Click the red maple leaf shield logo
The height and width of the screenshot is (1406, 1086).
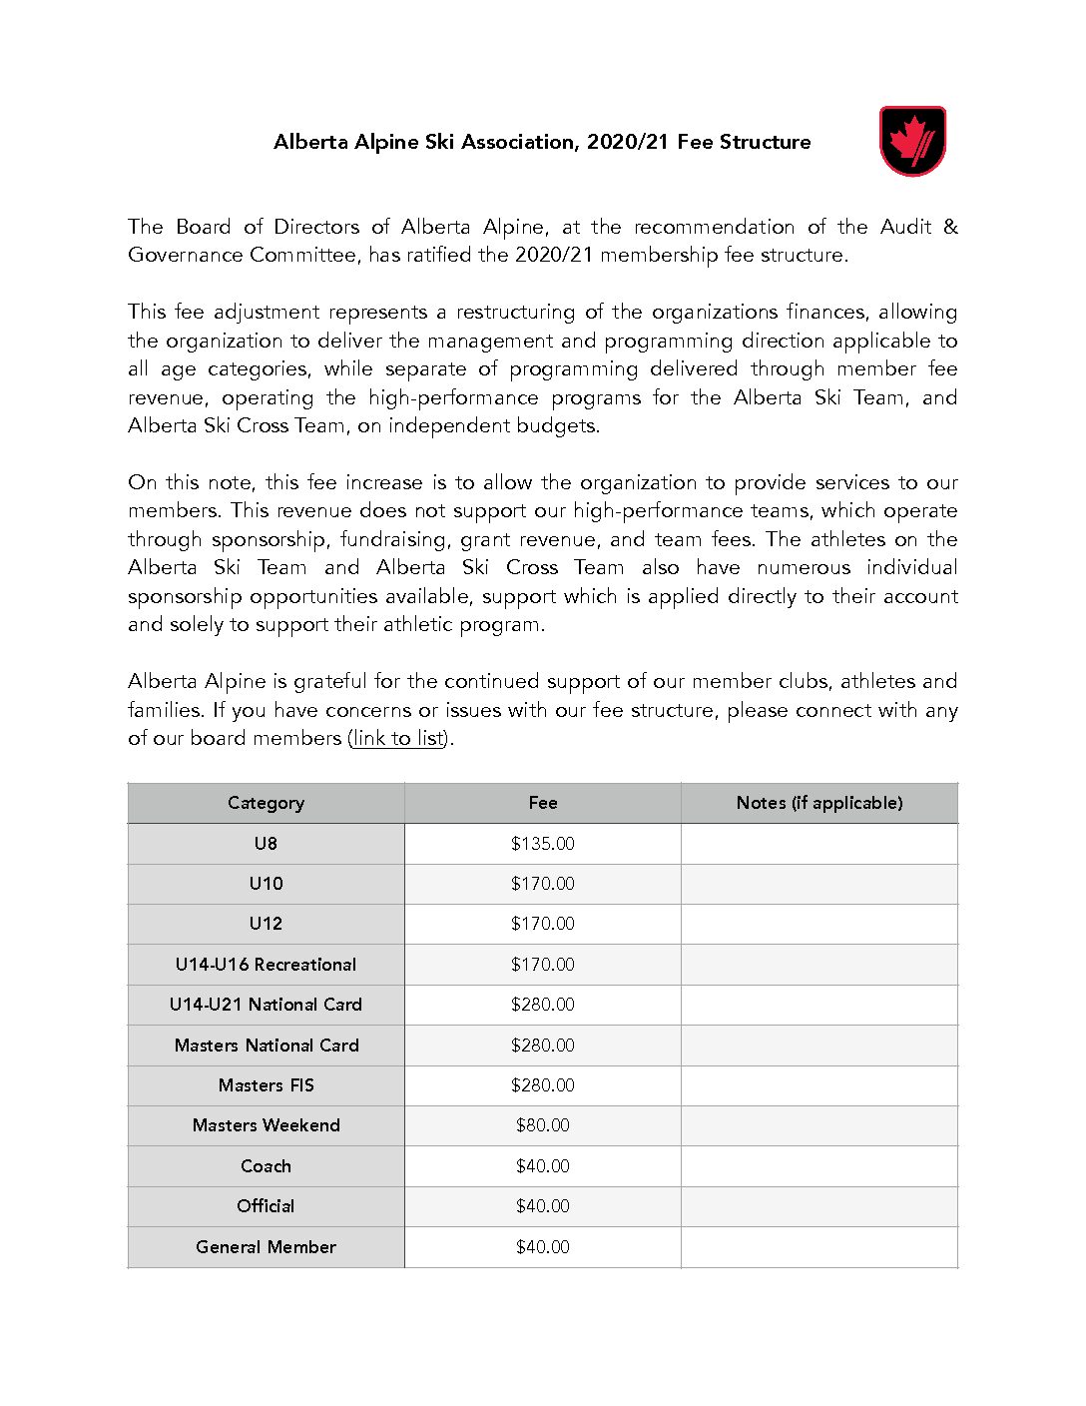pos(912,141)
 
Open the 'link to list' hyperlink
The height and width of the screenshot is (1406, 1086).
pos(398,738)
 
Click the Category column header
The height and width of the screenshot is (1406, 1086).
pos(266,803)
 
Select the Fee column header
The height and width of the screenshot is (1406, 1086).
pos(543,803)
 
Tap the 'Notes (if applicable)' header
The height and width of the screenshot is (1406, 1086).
pos(819,803)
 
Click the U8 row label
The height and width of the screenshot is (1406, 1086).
pos(266,844)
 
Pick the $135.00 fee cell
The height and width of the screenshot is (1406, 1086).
pos(543,844)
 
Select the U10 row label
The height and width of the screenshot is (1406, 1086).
pos(266,884)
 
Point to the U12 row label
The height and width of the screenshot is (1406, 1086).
pos(266,924)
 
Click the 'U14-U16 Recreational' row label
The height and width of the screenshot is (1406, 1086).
pos(266,965)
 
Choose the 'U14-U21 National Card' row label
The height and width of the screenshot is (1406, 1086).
pos(266,1005)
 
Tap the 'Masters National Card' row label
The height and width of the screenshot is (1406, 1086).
pos(266,1046)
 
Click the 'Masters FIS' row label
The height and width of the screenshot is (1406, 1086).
pos(266,1085)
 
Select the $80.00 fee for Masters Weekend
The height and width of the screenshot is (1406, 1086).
pos(543,1125)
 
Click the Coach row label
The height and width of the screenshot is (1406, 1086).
pos(266,1166)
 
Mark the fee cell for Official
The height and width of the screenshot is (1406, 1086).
pos(543,1206)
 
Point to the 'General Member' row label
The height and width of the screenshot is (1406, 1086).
pos(266,1247)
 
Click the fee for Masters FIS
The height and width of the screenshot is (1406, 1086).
pos(543,1085)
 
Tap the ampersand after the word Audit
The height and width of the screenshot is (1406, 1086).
pos(950,227)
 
